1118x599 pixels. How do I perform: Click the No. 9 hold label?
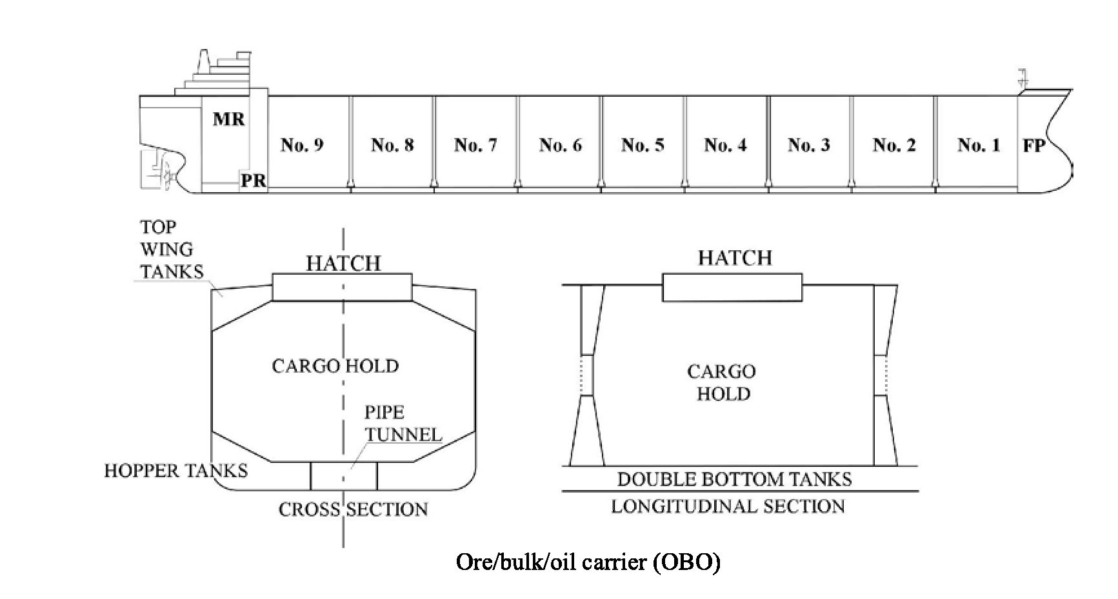[x=302, y=145]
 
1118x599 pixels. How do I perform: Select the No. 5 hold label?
[x=643, y=145]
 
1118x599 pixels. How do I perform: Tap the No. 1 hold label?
[x=979, y=145]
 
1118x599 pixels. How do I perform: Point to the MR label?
[x=229, y=119]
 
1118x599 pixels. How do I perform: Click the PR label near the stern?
[x=253, y=181]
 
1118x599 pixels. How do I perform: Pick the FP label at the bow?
[x=1033, y=146]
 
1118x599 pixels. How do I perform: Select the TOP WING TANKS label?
[x=172, y=250]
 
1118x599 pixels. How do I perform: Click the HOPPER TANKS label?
[x=176, y=471]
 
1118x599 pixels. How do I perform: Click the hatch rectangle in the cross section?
[x=342, y=287]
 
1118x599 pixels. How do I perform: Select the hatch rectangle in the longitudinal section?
[x=732, y=288]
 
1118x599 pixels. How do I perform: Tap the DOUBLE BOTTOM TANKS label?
[x=734, y=479]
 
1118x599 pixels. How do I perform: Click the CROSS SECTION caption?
[x=353, y=509]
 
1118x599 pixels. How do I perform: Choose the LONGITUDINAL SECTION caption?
[x=728, y=506]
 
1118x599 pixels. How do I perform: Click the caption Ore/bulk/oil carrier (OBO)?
[x=588, y=562]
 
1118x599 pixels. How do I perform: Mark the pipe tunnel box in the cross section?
[x=344, y=476]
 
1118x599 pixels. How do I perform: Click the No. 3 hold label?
[x=809, y=145]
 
